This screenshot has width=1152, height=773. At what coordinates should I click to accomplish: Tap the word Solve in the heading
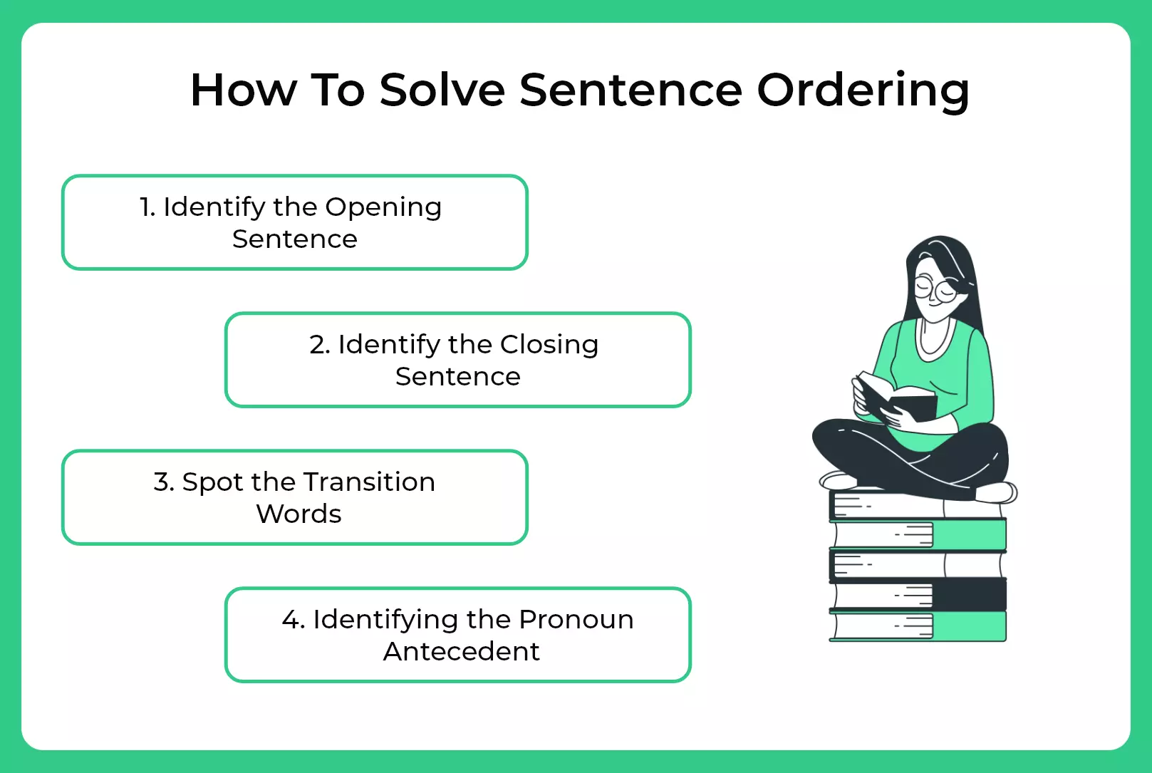[442, 90]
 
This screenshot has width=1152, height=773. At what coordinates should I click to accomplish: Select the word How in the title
[243, 90]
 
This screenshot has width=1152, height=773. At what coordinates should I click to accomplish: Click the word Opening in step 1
[383, 207]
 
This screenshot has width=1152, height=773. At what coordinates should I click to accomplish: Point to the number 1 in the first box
[146, 207]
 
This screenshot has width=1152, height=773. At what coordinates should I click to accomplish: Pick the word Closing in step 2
[549, 345]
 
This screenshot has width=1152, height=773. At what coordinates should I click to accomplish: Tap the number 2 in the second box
[318, 345]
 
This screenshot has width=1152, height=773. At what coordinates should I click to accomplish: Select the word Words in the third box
[299, 514]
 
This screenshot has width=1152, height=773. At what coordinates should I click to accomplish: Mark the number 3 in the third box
[162, 482]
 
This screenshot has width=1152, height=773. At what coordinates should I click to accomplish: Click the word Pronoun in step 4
[576, 620]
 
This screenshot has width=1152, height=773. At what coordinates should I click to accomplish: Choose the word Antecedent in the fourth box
[461, 651]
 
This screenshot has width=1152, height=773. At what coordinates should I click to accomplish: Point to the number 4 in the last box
[292, 620]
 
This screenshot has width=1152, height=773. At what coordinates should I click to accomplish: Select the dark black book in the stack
[919, 594]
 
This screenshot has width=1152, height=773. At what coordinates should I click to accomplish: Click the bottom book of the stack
[919, 626]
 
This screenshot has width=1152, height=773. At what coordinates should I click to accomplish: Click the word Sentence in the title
[631, 90]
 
